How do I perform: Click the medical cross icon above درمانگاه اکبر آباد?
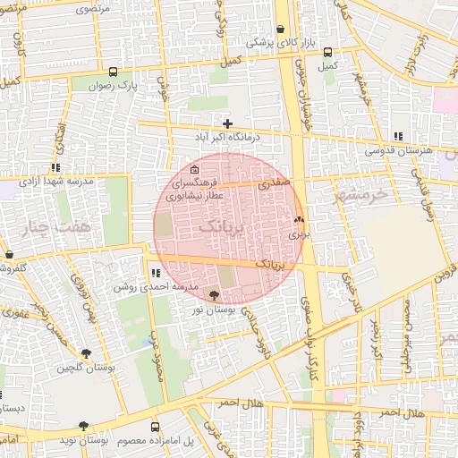[228, 123]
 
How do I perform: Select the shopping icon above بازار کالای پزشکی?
[281, 29]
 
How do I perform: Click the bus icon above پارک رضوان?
[113, 72]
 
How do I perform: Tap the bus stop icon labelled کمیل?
[327, 52]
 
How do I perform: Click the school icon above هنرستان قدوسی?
[397, 137]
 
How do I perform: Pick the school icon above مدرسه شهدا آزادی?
[55, 167]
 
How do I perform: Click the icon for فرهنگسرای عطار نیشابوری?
[195, 169]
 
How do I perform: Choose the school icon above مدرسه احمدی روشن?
[156, 273]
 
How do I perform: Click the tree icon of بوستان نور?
[213, 293]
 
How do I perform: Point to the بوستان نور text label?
[213, 309]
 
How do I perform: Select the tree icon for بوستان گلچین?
[86, 353]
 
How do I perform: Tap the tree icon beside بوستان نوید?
[83, 427]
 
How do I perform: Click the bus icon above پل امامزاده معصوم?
[156, 427]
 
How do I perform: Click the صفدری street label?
[275, 182]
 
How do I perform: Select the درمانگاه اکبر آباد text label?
[227, 139]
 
